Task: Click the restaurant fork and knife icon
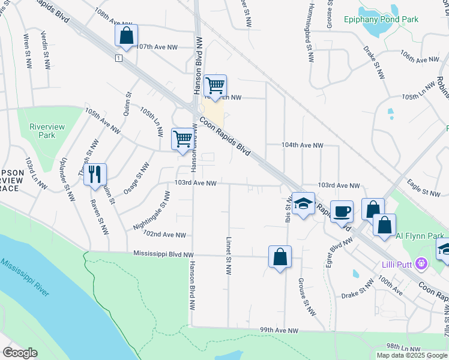click(x=95, y=175)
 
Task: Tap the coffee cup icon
click(x=342, y=211)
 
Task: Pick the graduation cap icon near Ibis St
click(x=303, y=203)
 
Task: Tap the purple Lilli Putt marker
click(x=422, y=263)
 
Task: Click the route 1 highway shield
click(x=119, y=58)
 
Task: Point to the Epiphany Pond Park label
click(x=381, y=19)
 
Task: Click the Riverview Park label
click(x=42, y=131)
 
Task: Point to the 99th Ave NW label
click(x=279, y=331)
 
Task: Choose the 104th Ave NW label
click(x=303, y=145)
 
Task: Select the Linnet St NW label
click(x=229, y=255)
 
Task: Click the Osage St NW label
click(x=136, y=178)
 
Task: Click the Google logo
click(x=20, y=353)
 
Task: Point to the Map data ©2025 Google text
click(x=412, y=355)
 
